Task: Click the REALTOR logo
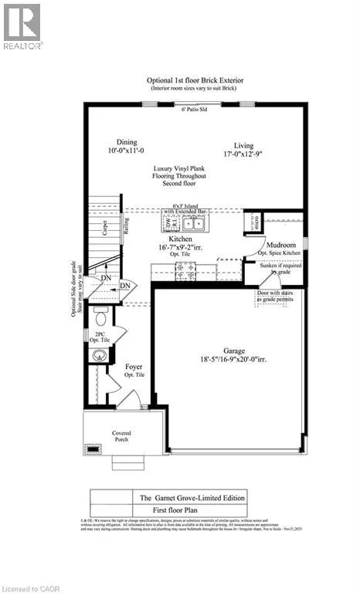22,26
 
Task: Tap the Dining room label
127,143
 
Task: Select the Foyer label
134,366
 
